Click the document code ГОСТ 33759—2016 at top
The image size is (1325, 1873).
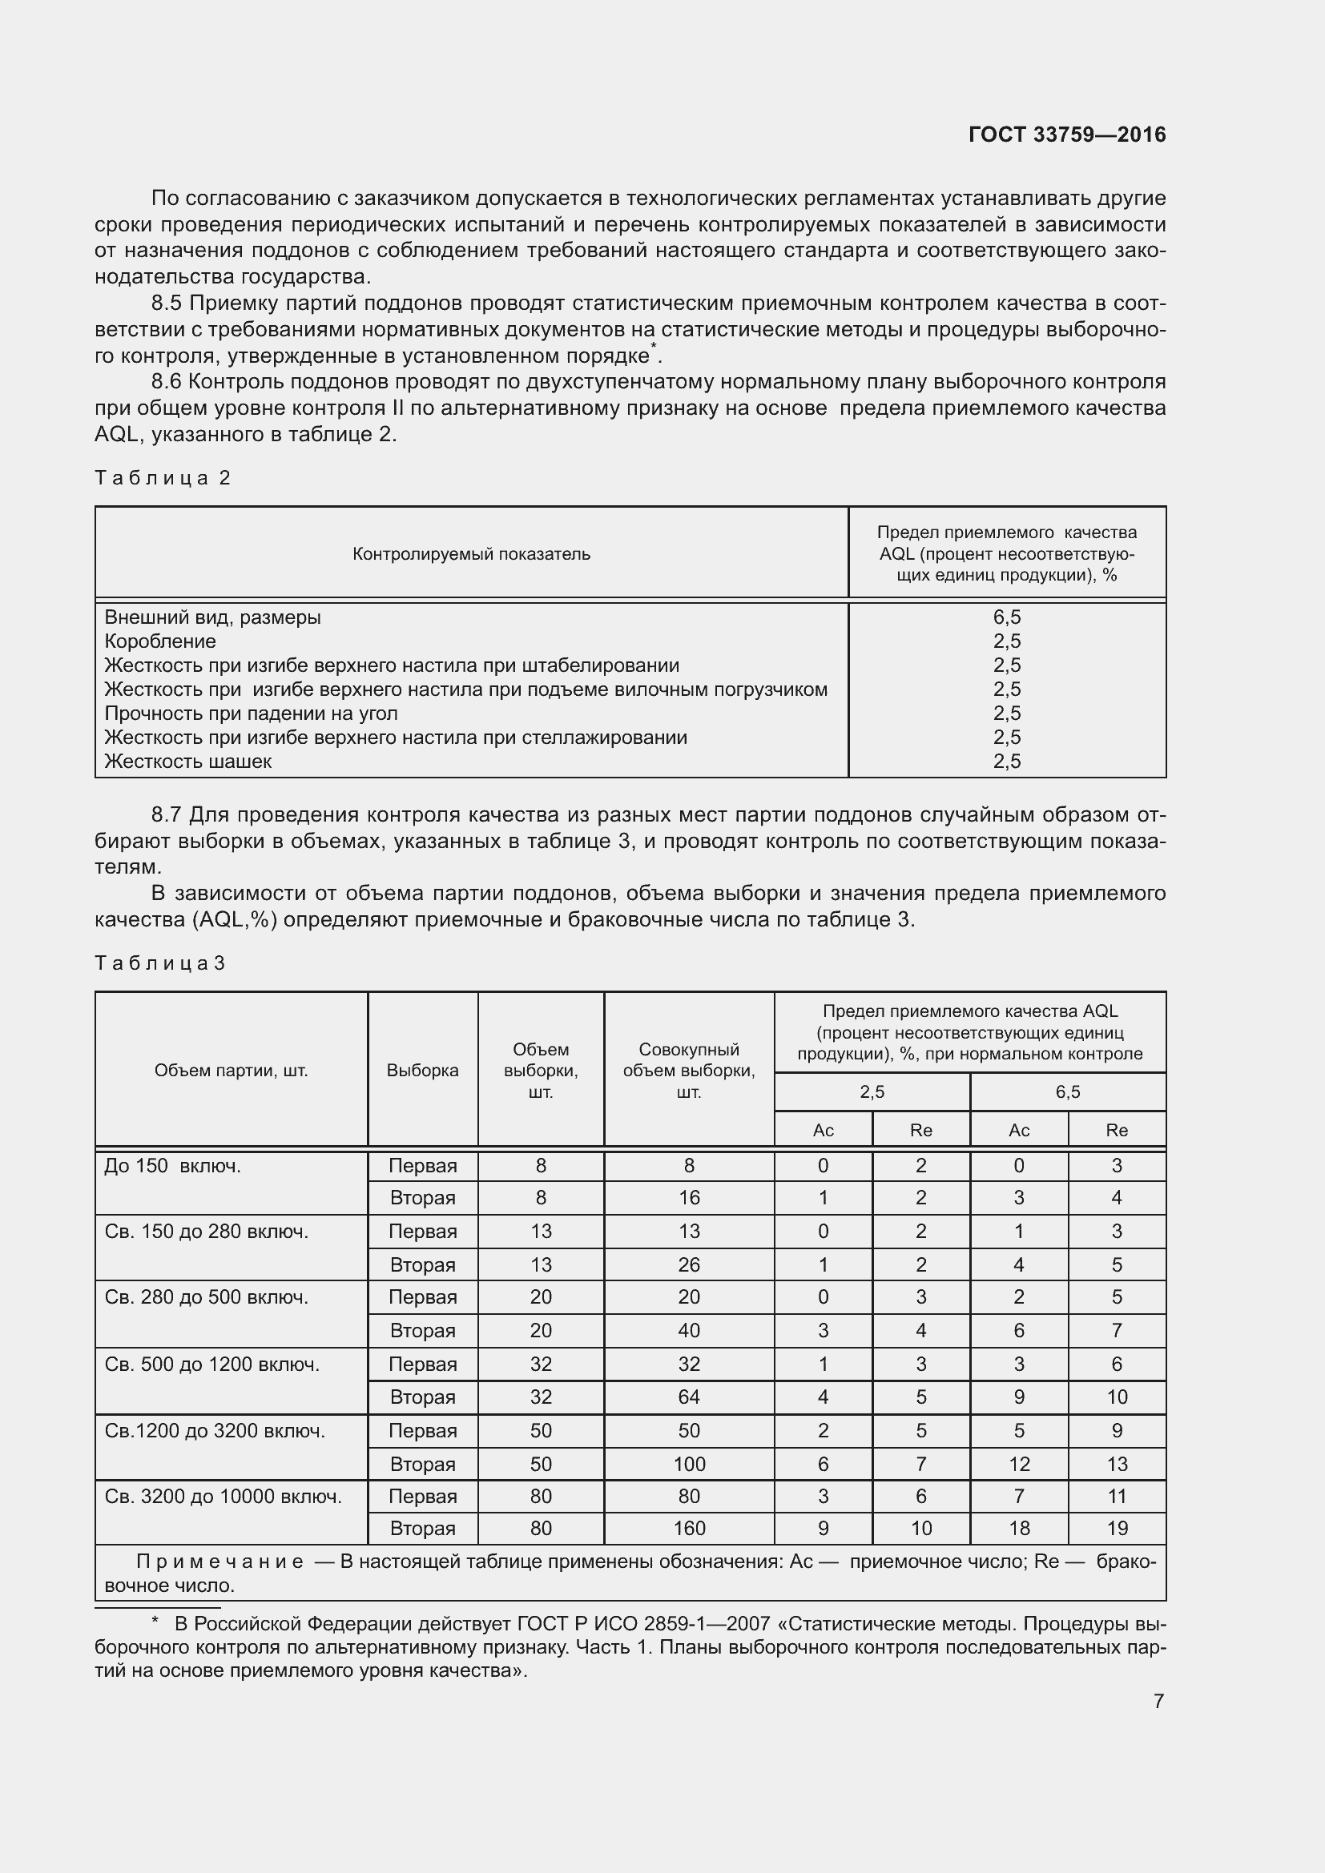point(1066,135)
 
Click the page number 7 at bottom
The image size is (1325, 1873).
point(1158,1701)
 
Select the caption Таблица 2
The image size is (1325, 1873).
point(163,478)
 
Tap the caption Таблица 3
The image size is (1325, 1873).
point(159,963)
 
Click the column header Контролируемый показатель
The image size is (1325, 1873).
point(471,554)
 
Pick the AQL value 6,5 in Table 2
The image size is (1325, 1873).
point(1007,617)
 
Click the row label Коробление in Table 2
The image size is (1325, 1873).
point(160,641)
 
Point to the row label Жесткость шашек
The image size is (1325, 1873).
point(187,761)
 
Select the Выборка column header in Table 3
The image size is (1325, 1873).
point(422,1071)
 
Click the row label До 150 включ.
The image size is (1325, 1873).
point(172,1166)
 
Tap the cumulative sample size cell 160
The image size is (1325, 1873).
point(689,1528)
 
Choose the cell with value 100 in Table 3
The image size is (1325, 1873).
point(689,1464)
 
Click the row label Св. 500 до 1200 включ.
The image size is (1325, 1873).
point(211,1364)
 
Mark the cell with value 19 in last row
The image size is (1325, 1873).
point(1116,1528)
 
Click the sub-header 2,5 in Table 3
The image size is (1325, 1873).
point(872,1091)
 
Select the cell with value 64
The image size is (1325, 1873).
point(689,1397)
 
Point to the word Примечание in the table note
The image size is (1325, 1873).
point(219,1562)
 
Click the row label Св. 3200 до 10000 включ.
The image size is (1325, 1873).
point(223,1496)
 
